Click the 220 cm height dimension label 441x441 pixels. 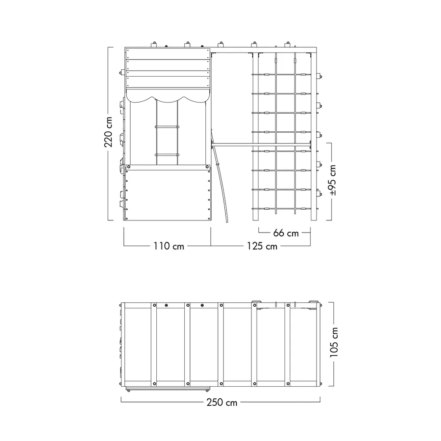(x=108, y=132)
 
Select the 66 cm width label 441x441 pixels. (x=286, y=233)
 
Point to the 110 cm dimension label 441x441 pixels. (x=169, y=246)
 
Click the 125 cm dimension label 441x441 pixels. (x=262, y=246)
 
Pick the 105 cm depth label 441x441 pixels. (x=334, y=342)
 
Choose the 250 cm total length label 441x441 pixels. (x=222, y=403)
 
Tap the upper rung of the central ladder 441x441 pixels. (x=167, y=127)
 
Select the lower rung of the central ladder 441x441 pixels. (x=167, y=155)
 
